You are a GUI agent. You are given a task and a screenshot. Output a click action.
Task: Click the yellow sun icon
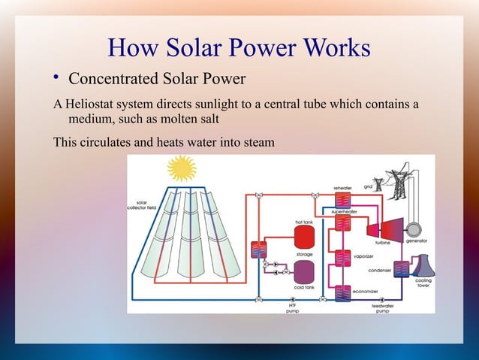181,169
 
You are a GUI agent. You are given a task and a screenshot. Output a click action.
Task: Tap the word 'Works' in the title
336,48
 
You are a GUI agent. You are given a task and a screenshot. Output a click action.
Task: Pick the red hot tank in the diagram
304,237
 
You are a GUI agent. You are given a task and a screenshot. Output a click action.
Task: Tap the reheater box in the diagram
343,200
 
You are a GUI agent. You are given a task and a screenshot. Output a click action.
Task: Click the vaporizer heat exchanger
343,258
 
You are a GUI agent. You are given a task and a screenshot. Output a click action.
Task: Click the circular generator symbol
410,228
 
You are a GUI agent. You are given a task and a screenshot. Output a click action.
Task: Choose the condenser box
402,269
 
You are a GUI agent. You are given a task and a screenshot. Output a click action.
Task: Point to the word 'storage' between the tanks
304,255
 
